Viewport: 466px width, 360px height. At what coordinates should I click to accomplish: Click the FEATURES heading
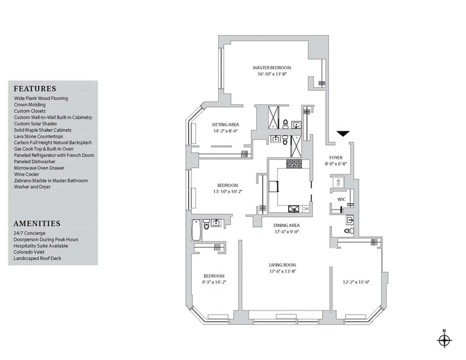pyautogui.click(x=35, y=88)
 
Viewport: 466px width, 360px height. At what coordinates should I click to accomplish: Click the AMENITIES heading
pyautogui.click(x=37, y=223)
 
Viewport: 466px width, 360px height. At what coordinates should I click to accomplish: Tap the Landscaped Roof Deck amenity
pyautogui.click(x=37, y=258)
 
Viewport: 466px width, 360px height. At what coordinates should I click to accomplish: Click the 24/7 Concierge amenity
pyautogui.click(x=30, y=233)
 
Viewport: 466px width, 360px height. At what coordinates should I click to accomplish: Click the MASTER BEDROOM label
pyautogui.click(x=272, y=67)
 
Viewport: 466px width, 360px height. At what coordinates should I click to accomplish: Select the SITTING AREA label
pyautogui.click(x=225, y=125)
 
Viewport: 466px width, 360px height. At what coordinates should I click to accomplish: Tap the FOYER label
pyautogui.click(x=336, y=157)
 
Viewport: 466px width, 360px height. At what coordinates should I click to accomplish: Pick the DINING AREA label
pyautogui.click(x=287, y=225)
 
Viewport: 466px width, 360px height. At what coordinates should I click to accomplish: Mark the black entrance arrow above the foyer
pyautogui.click(x=343, y=134)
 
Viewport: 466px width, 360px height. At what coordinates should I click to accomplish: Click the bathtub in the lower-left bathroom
pyautogui.click(x=196, y=230)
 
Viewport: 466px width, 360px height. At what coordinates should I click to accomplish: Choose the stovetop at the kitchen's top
pyautogui.click(x=297, y=164)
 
